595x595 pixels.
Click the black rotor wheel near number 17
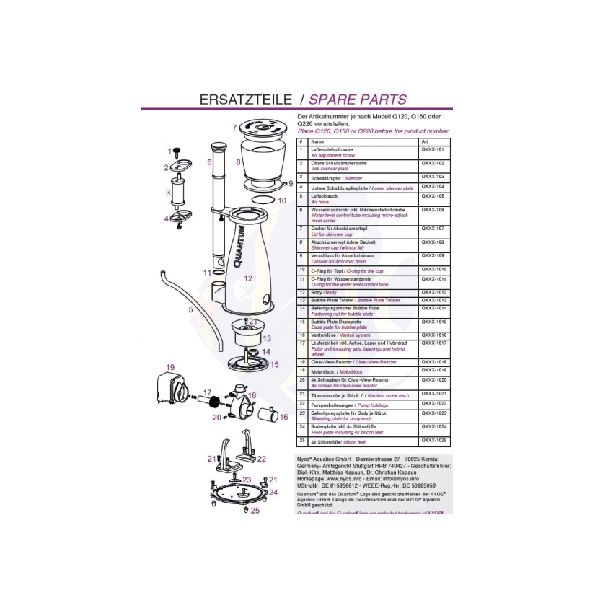pos(214,399)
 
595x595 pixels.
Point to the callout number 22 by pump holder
pos(261,459)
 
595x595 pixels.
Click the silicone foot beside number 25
pos(246,510)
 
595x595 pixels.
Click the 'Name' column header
pos(317,141)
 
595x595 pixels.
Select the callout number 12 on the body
pos(247,278)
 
